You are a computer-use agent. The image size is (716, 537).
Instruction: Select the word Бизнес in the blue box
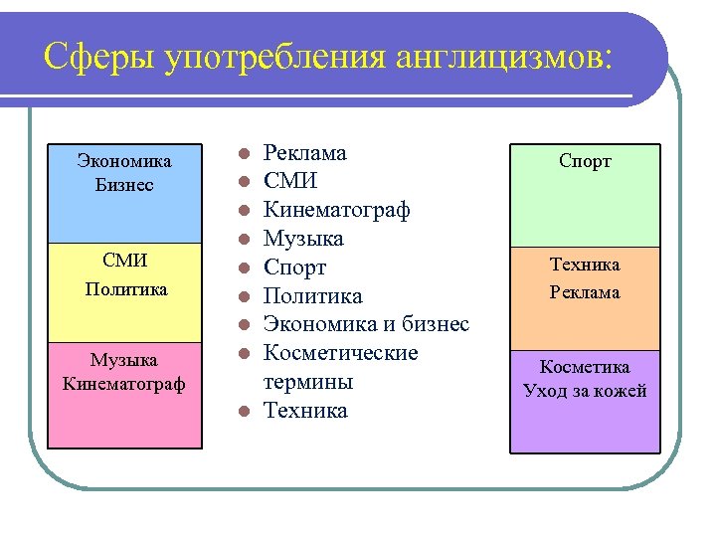tap(124, 186)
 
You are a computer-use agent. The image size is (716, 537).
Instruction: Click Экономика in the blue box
tap(124, 161)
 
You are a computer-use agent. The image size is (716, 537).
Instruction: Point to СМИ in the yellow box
tap(124, 262)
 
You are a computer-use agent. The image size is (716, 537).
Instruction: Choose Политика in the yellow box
tap(124, 289)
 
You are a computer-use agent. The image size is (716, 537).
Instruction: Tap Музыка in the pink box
tap(124, 359)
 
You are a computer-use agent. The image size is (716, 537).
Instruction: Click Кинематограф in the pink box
tap(124, 384)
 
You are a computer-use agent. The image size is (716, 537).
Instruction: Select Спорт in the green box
tap(585, 161)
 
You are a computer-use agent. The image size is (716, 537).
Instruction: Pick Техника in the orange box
tap(585, 265)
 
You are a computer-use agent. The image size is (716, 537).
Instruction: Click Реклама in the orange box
tap(585, 292)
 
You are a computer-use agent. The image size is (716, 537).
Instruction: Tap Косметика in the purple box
tap(585, 367)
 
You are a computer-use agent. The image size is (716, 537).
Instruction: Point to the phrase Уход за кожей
tap(585, 391)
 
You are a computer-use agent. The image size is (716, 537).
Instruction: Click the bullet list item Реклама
tap(304, 153)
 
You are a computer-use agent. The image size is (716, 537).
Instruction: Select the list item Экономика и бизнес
tap(366, 325)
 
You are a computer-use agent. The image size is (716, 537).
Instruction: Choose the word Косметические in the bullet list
tap(340, 354)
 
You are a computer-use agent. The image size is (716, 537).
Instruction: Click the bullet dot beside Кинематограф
tap(242, 211)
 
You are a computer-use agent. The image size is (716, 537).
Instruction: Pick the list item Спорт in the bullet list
tap(294, 268)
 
